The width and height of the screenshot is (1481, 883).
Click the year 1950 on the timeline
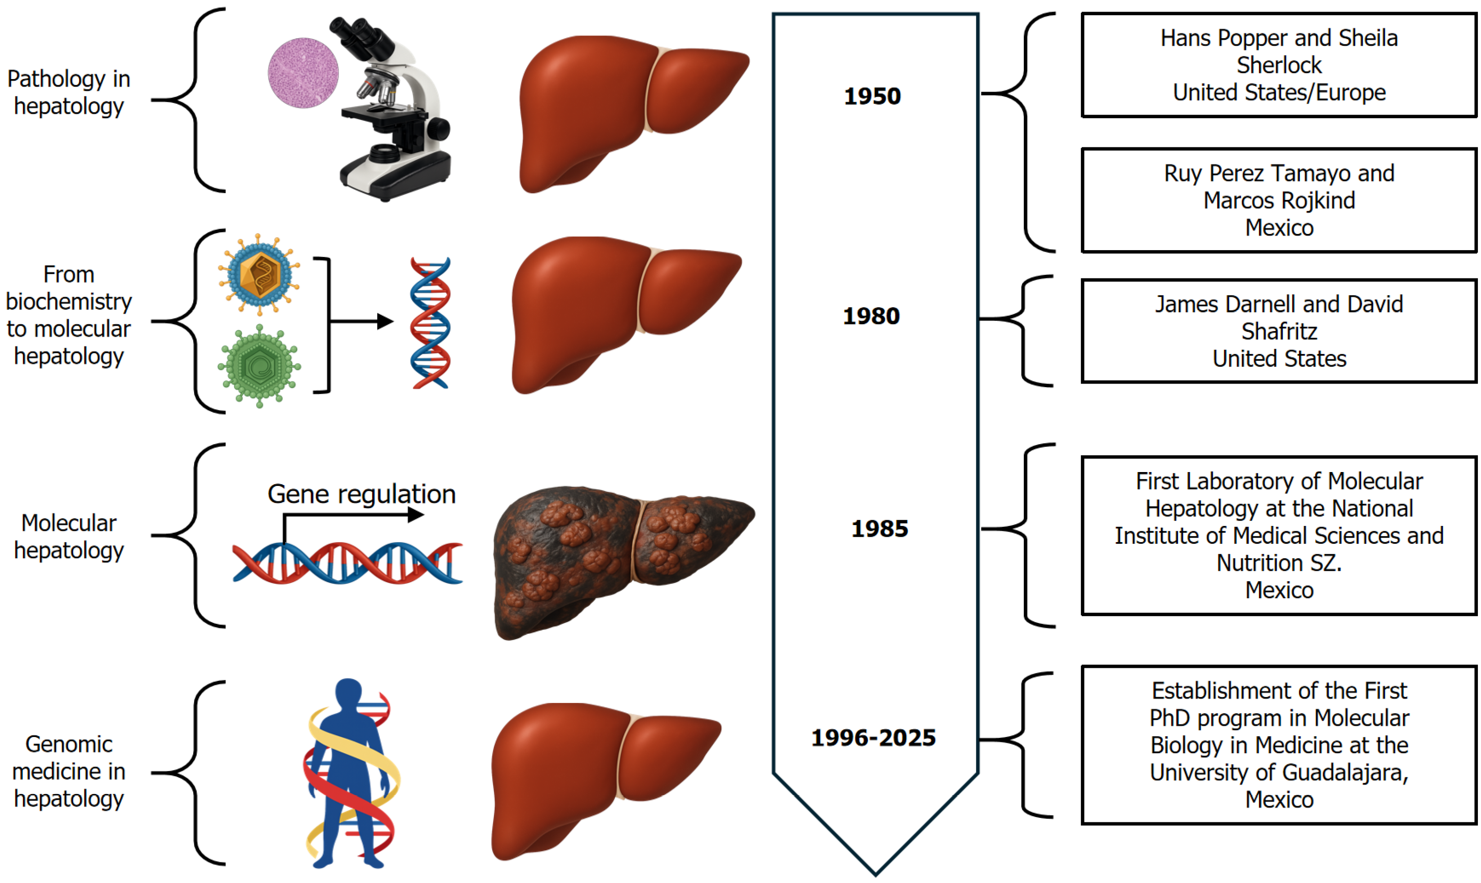point(872,97)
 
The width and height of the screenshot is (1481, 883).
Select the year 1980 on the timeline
point(871,316)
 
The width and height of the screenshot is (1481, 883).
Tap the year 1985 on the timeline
point(879,528)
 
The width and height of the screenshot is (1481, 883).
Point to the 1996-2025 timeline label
point(873,738)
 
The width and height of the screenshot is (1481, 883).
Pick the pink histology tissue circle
point(303,73)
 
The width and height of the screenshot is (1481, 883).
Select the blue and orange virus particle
point(259,274)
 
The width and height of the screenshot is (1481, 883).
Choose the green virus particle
point(259,366)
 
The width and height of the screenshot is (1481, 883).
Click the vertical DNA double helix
point(430,323)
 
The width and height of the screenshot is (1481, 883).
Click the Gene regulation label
point(361,494)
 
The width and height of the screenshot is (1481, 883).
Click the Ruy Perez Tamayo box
point(1279,200)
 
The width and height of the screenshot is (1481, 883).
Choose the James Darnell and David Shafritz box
point(1279,331)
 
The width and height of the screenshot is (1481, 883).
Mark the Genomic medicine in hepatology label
point(68,771)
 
